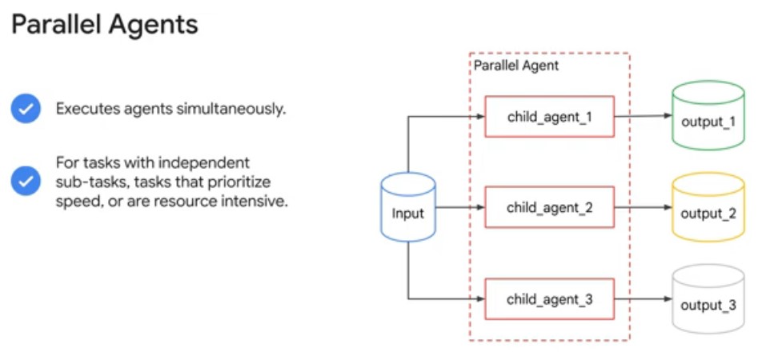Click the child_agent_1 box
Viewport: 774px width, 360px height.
(x=549, y=116)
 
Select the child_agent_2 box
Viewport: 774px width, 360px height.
(x=549, y=207)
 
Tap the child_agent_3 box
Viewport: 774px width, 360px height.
(x=549, y=299)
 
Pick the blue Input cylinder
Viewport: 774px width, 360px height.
(x=407, y=207)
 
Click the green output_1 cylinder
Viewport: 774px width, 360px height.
(x=708, y=115)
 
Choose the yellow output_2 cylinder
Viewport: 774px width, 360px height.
(x=708, y=207)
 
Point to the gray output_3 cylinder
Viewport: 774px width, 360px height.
(x=708, y=299)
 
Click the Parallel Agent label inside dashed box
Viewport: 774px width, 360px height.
(x=515, y=66)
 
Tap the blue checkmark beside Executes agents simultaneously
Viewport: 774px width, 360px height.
(x=26, y=109)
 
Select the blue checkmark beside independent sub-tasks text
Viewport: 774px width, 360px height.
(x=26, y=181)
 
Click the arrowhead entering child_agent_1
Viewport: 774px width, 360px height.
(x=479, y=117)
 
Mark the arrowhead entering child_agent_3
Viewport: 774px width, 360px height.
(x=479, y=299)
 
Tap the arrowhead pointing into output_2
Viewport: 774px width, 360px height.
(x=667, y=208)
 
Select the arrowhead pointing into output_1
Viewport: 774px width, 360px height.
(x=667, y=116)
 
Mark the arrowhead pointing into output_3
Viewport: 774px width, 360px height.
(x=667, y=299)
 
